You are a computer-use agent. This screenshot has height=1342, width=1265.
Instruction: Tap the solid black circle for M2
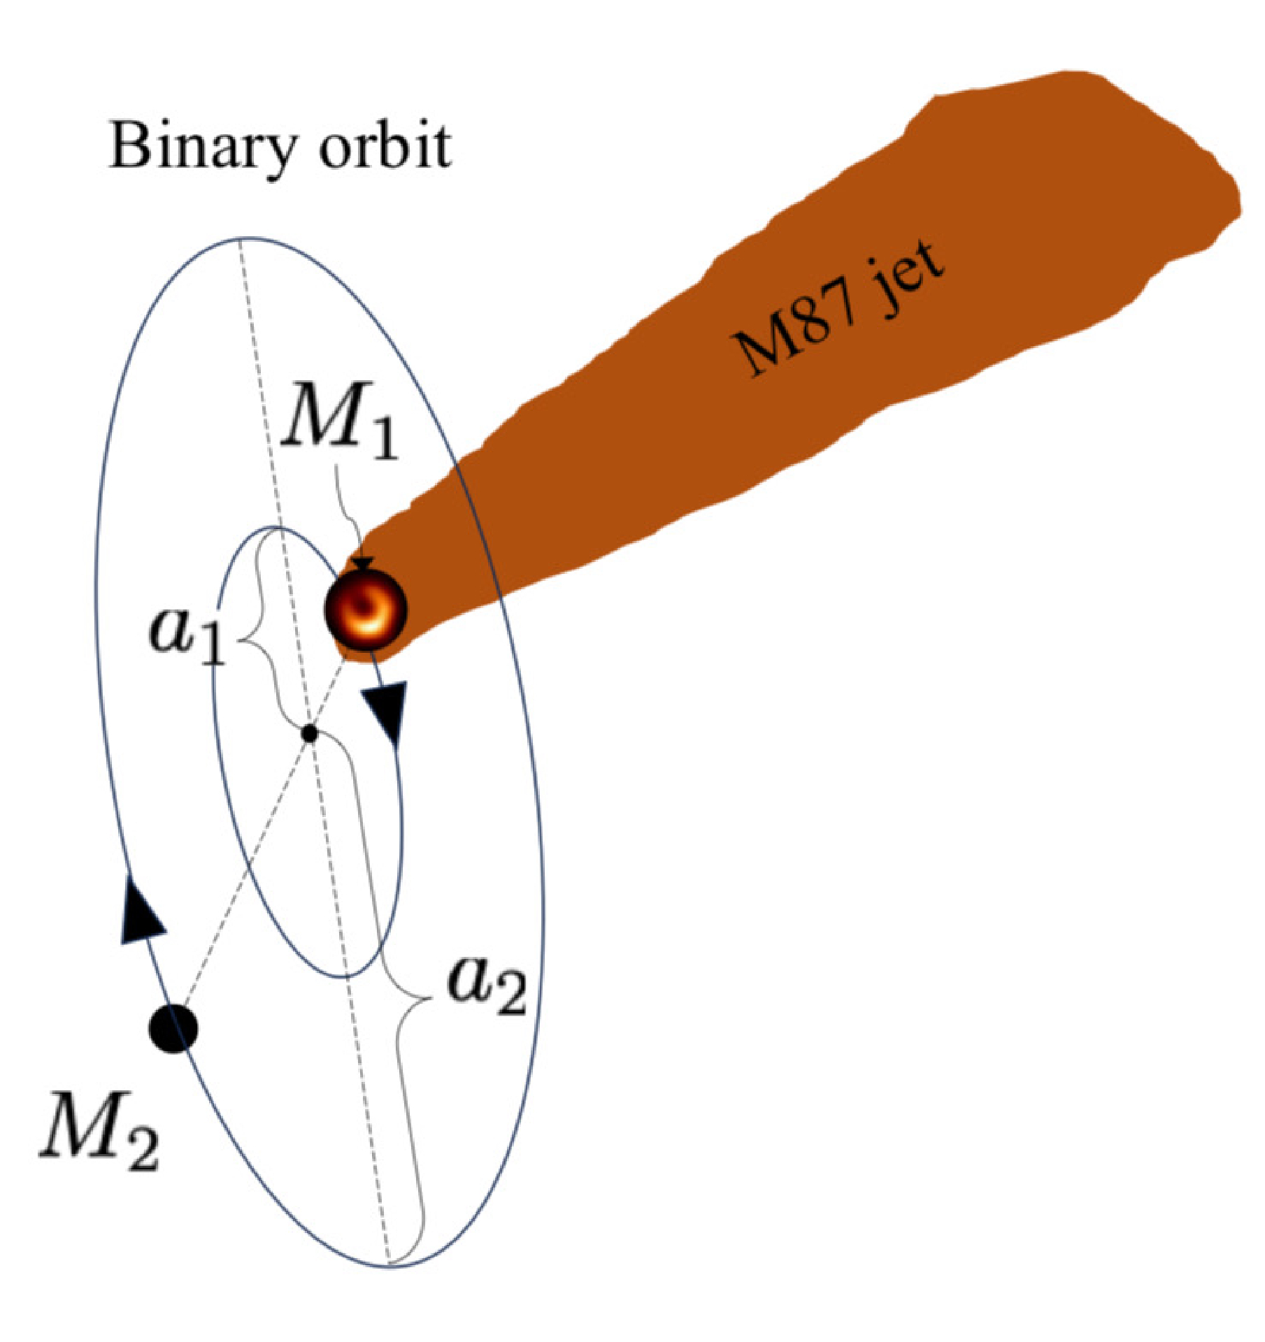[x=173, y=1028]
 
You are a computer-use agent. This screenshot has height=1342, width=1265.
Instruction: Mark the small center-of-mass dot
[x=309, y=733]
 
